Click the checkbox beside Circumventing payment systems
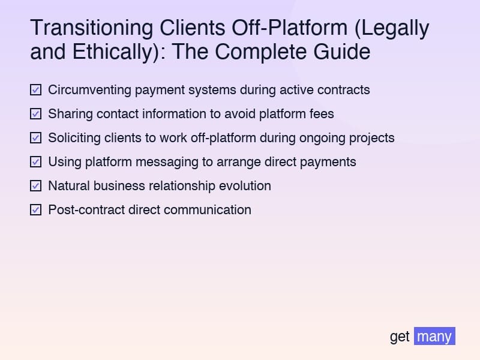pyautogui.click(x=36, y=90)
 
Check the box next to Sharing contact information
pyautogui.click(x=36, y=114)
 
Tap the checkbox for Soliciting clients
pyautogui.click(x=36, y=138)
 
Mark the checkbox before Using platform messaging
pyautogui.click(x=36, y=162)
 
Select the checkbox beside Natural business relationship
pyautogui.click(x=36, y=186)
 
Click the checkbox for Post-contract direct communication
pyautogui.click(x=36, y=210)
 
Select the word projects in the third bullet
pyautogui.click(x=371, y=138)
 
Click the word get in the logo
pyautogui.click(x=400, y=337)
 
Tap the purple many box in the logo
pyautogui.click(x=434, y=336)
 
